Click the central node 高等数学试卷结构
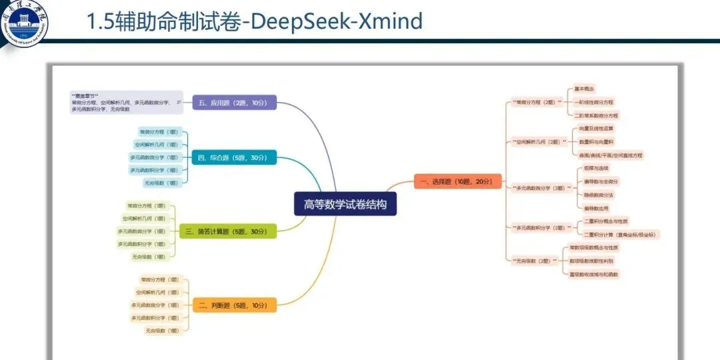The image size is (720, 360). coord(345,204)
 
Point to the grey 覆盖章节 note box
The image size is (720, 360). coord(126,102)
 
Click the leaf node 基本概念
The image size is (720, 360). coord(584,89)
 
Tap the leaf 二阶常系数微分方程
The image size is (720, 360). coord(596,115)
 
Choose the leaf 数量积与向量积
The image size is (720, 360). coord(596,141)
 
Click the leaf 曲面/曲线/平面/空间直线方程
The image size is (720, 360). coord(611,155)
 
